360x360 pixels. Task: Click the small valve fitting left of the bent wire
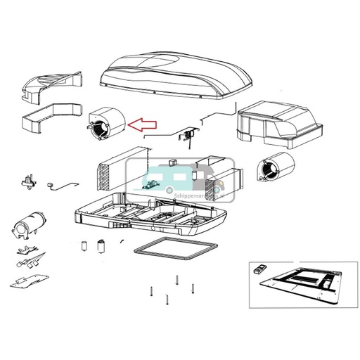click(29, 180)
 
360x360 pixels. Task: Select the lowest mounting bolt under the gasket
click(166, 300)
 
